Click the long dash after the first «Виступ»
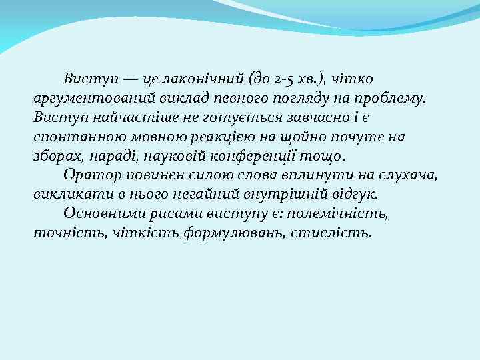130,79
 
